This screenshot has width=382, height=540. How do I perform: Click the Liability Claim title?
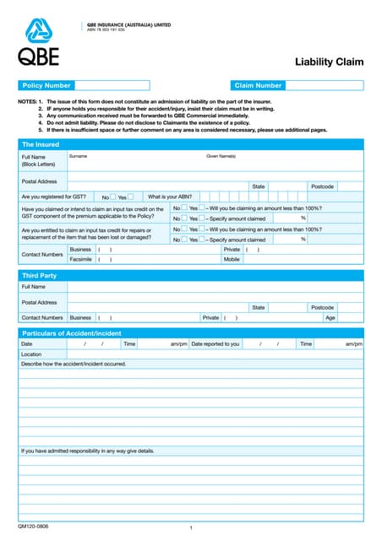(329, 62)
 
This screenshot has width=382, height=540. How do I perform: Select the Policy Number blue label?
(46, 85)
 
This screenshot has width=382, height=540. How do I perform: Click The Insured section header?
(41, 144)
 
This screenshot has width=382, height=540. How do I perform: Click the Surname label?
(78, 156)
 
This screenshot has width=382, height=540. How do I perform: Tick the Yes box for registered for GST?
(130, 197)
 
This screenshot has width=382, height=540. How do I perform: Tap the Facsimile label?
(81, 260)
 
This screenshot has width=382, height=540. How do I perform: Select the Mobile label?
(232, 260)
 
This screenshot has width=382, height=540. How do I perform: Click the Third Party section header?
(39, 276)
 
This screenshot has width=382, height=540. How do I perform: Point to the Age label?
(330, 317)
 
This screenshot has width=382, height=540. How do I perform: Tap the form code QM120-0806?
(33, 526)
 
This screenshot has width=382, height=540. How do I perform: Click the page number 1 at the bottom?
(192, 528)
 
